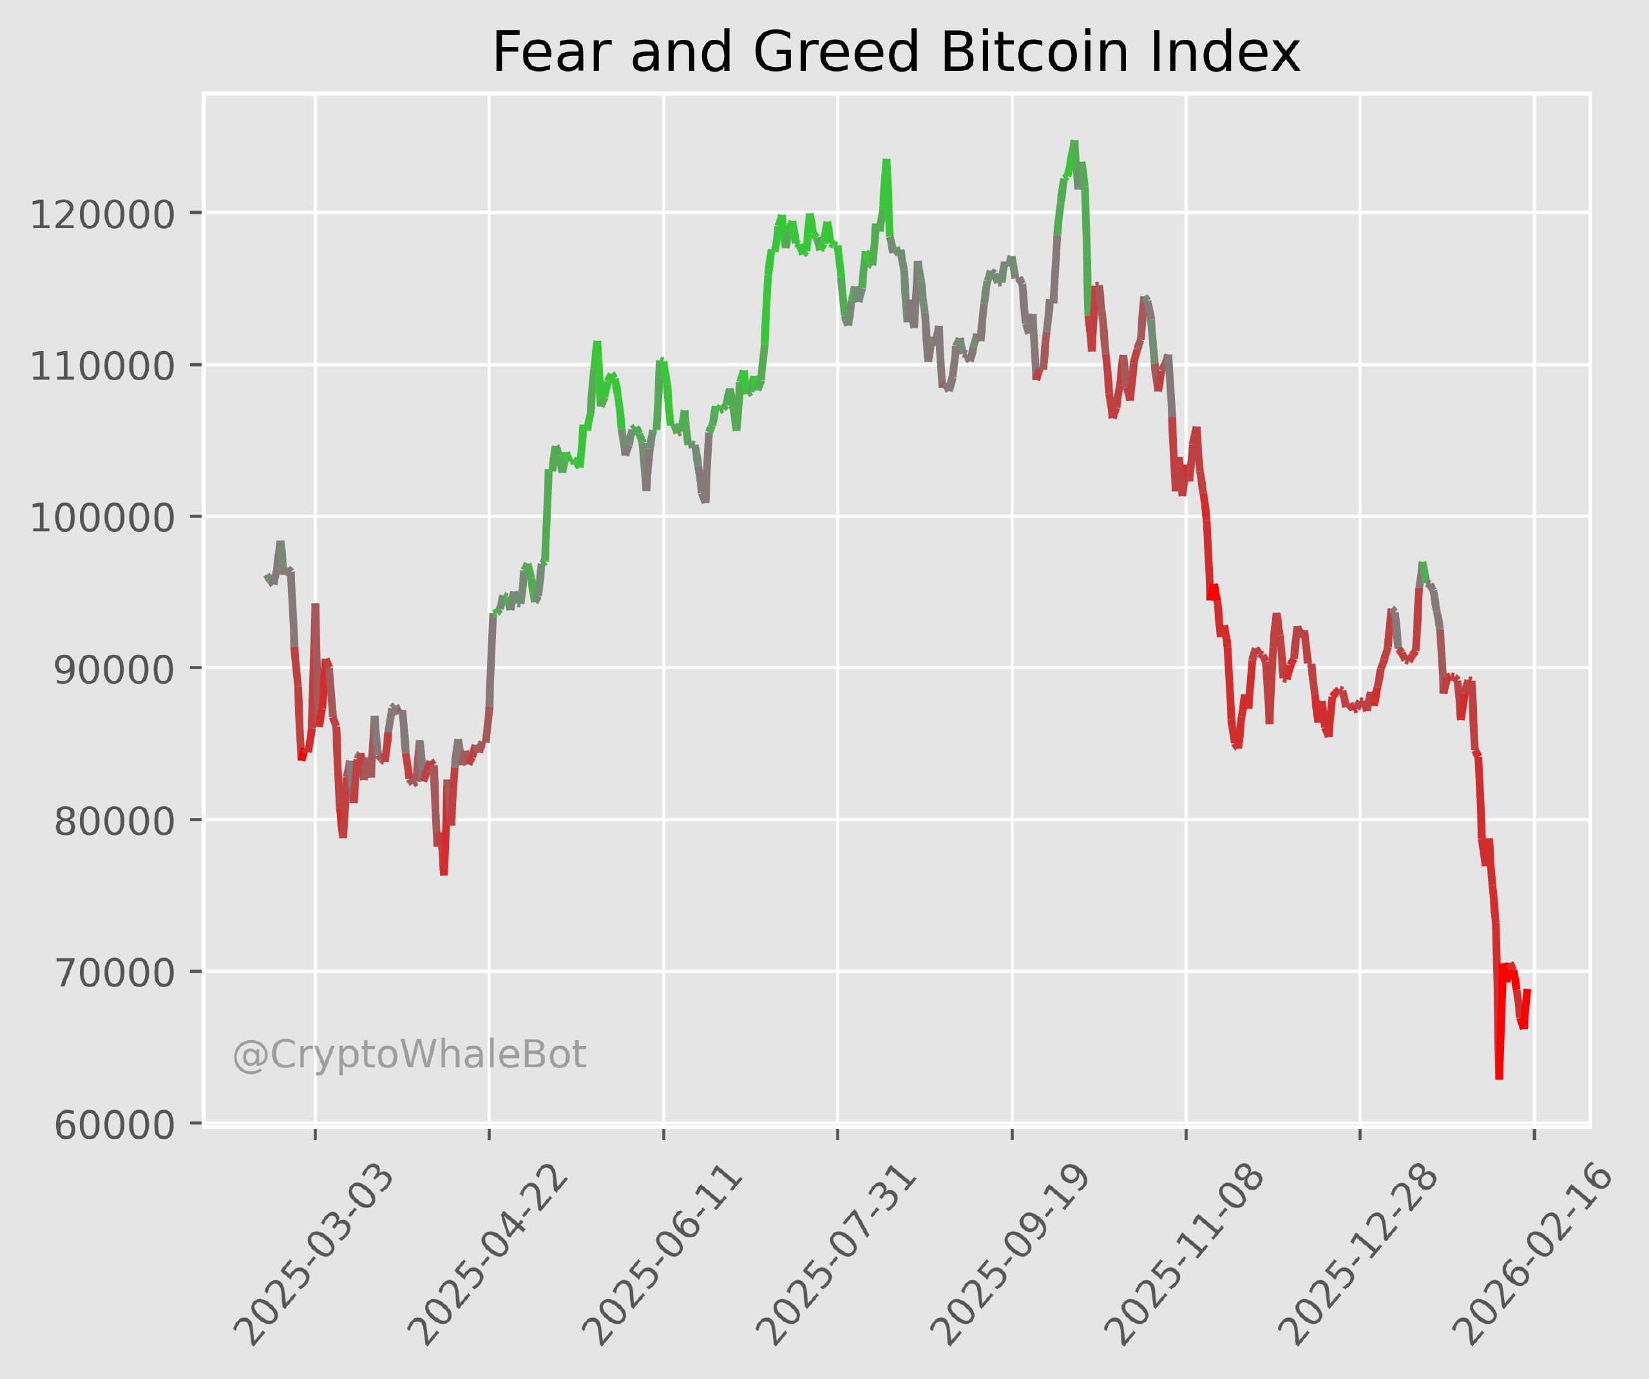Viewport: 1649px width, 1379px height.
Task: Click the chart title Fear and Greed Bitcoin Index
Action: (896, 53)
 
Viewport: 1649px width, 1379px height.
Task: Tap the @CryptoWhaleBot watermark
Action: (409, 1056)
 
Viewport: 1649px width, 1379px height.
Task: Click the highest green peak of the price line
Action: (1074, 143)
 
